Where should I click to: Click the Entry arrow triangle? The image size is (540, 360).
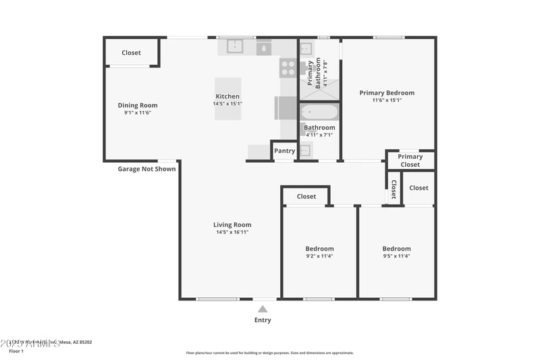[263, 309]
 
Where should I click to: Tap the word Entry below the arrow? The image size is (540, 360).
[263, 320]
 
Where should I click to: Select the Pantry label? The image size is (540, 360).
[283, 151]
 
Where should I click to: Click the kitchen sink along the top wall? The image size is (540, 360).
[234, 47]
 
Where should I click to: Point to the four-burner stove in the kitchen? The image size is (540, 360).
[288, 68]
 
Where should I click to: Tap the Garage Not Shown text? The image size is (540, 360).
[146, 169]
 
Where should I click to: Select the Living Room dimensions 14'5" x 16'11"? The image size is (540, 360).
[232, 232]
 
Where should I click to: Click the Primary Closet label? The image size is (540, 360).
[410, 160]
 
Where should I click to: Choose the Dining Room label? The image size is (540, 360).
[138, 105]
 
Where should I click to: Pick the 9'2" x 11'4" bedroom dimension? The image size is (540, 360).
[319, 256]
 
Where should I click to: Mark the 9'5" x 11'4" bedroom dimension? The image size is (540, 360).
[396, 256]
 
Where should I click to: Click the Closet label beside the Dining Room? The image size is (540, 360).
[131, 53]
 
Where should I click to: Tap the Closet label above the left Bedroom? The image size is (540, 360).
[306, 197]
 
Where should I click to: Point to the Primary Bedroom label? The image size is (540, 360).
[387, 93]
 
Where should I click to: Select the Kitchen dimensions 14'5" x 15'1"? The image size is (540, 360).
[227, 104]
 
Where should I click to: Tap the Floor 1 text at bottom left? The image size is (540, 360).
[16, 351]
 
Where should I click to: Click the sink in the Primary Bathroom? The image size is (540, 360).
[306, 49]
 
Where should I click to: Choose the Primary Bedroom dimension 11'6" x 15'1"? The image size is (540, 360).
[387, 101]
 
